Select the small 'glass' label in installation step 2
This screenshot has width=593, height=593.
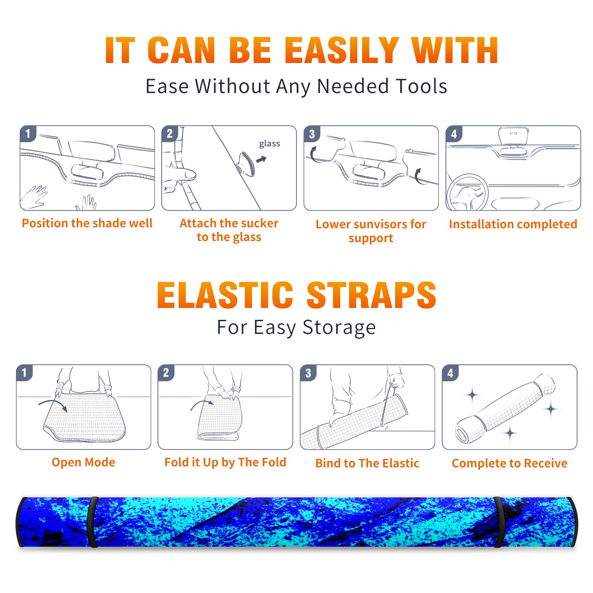coord(269,144)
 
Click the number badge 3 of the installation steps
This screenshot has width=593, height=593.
coord(312,134)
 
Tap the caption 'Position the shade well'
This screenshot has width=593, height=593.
coord(87,223)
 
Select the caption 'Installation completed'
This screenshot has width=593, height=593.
coord(513,224)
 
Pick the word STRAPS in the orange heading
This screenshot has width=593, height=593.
coord(371,295)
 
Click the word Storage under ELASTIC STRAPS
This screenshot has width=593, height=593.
coord(339,328)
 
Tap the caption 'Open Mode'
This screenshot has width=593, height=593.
coord(83,462)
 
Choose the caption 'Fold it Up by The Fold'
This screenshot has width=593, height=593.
coord(225,463)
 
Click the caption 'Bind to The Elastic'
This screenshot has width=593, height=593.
coord(367,463)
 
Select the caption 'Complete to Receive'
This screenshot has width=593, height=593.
coord(510,463)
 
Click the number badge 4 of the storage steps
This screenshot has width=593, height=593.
coord(450,373)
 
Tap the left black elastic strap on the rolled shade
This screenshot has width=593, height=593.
coord(93,522)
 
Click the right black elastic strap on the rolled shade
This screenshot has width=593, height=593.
coord(499,522)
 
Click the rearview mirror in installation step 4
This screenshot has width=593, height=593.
coord(513,136)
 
